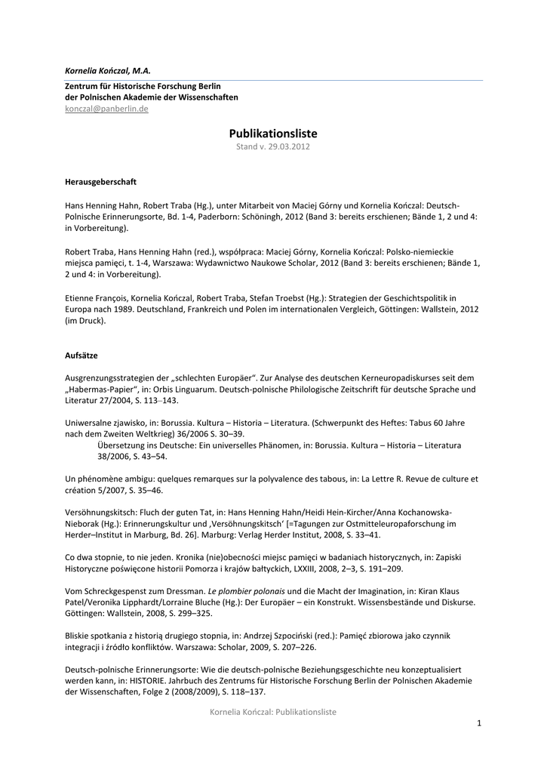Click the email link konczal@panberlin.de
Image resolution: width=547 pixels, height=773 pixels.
(106, 109)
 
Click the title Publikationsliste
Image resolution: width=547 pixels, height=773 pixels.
(273, 133)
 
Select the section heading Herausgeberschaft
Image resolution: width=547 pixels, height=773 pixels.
(100, 183)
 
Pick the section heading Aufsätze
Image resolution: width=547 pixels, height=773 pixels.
(81, 355)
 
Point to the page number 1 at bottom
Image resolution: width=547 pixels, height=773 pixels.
(478, 724)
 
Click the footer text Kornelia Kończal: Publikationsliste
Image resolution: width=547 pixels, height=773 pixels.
(273, 712)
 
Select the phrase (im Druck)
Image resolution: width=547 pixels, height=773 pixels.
(85, 321)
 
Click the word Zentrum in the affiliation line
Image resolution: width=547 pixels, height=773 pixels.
(85, 87)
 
